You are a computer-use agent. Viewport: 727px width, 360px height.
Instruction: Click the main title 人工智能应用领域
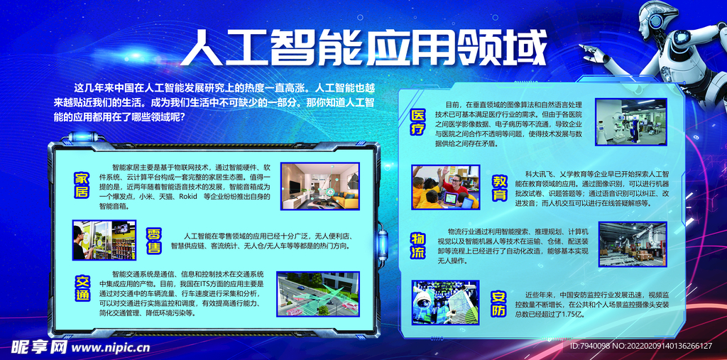point(370,48)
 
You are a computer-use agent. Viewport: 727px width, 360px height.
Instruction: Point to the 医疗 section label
point(418,122)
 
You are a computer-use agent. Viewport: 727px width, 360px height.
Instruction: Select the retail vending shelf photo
point(104,240)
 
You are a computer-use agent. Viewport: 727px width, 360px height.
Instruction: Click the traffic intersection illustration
point(318,294)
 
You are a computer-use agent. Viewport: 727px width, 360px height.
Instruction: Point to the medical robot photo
point(630,121)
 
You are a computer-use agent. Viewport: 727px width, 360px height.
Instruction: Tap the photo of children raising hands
point(446,187)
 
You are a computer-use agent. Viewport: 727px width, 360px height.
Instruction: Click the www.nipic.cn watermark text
point(111,348)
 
